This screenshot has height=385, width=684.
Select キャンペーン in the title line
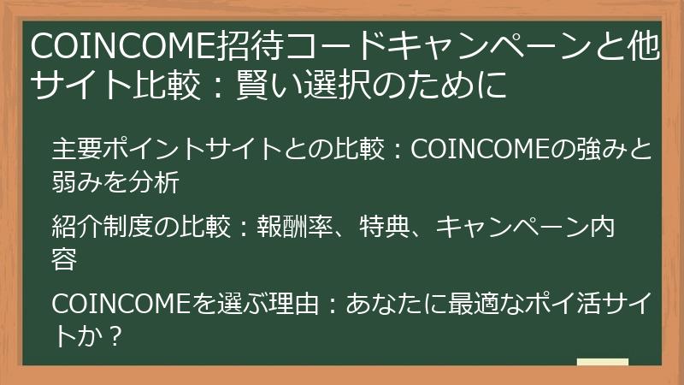(x=479, y=45)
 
